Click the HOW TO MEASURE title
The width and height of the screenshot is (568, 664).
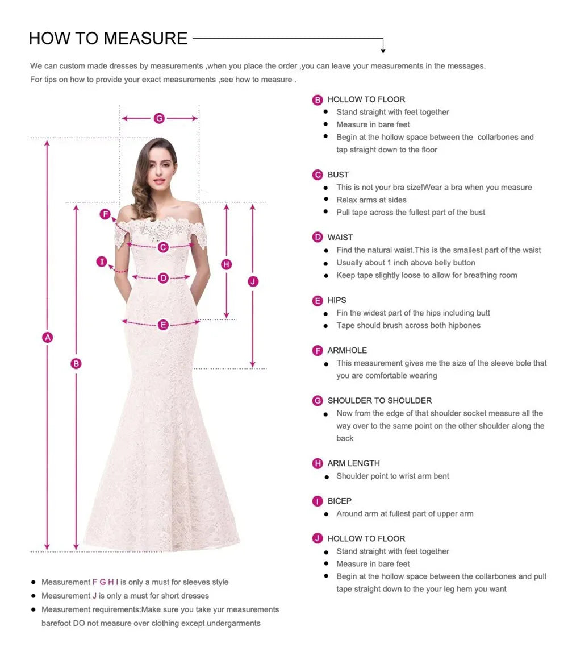tap(108, 38)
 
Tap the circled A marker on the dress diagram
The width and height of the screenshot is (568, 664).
tap(48, 337)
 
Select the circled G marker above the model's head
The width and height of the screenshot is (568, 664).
tap(159, 118)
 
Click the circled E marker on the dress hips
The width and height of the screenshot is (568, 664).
tap(164, 325)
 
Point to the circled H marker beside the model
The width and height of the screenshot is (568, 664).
tap(226, 264)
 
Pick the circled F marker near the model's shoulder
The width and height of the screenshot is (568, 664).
tap(105, 214)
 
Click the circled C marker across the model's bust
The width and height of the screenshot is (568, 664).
tap(163, 247)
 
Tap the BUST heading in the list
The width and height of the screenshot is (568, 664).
tap(338, 175)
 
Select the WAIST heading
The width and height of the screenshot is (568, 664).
tap(340, 237)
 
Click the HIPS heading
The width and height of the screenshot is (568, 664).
tap(336, 300)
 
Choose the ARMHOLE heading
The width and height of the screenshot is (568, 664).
tap(347, 350)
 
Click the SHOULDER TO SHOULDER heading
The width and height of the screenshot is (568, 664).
tap(379, 400)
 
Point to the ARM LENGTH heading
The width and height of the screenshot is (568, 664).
tap(353, 463)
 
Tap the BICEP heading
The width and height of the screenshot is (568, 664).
tap(339, 501)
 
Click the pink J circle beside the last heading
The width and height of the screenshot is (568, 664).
tap(318, 538)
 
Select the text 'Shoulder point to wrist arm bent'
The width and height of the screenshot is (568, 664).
tap(392, 476)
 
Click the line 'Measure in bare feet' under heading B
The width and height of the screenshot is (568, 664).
tap(373, 125)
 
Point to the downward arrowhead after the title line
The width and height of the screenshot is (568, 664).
tap(383, 51)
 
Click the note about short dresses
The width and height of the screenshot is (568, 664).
tap(125, 596)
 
